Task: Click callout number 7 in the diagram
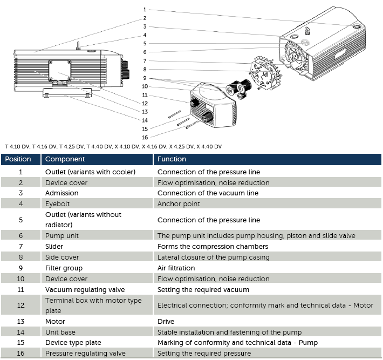(145, 60)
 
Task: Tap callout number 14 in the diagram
(145, 120)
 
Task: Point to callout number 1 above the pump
(145, 10)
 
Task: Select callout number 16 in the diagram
(145, 137)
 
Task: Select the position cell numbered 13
(20, 321)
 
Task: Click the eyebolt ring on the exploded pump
(307, 31)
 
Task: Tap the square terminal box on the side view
(60, 71)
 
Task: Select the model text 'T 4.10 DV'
(17, 147)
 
